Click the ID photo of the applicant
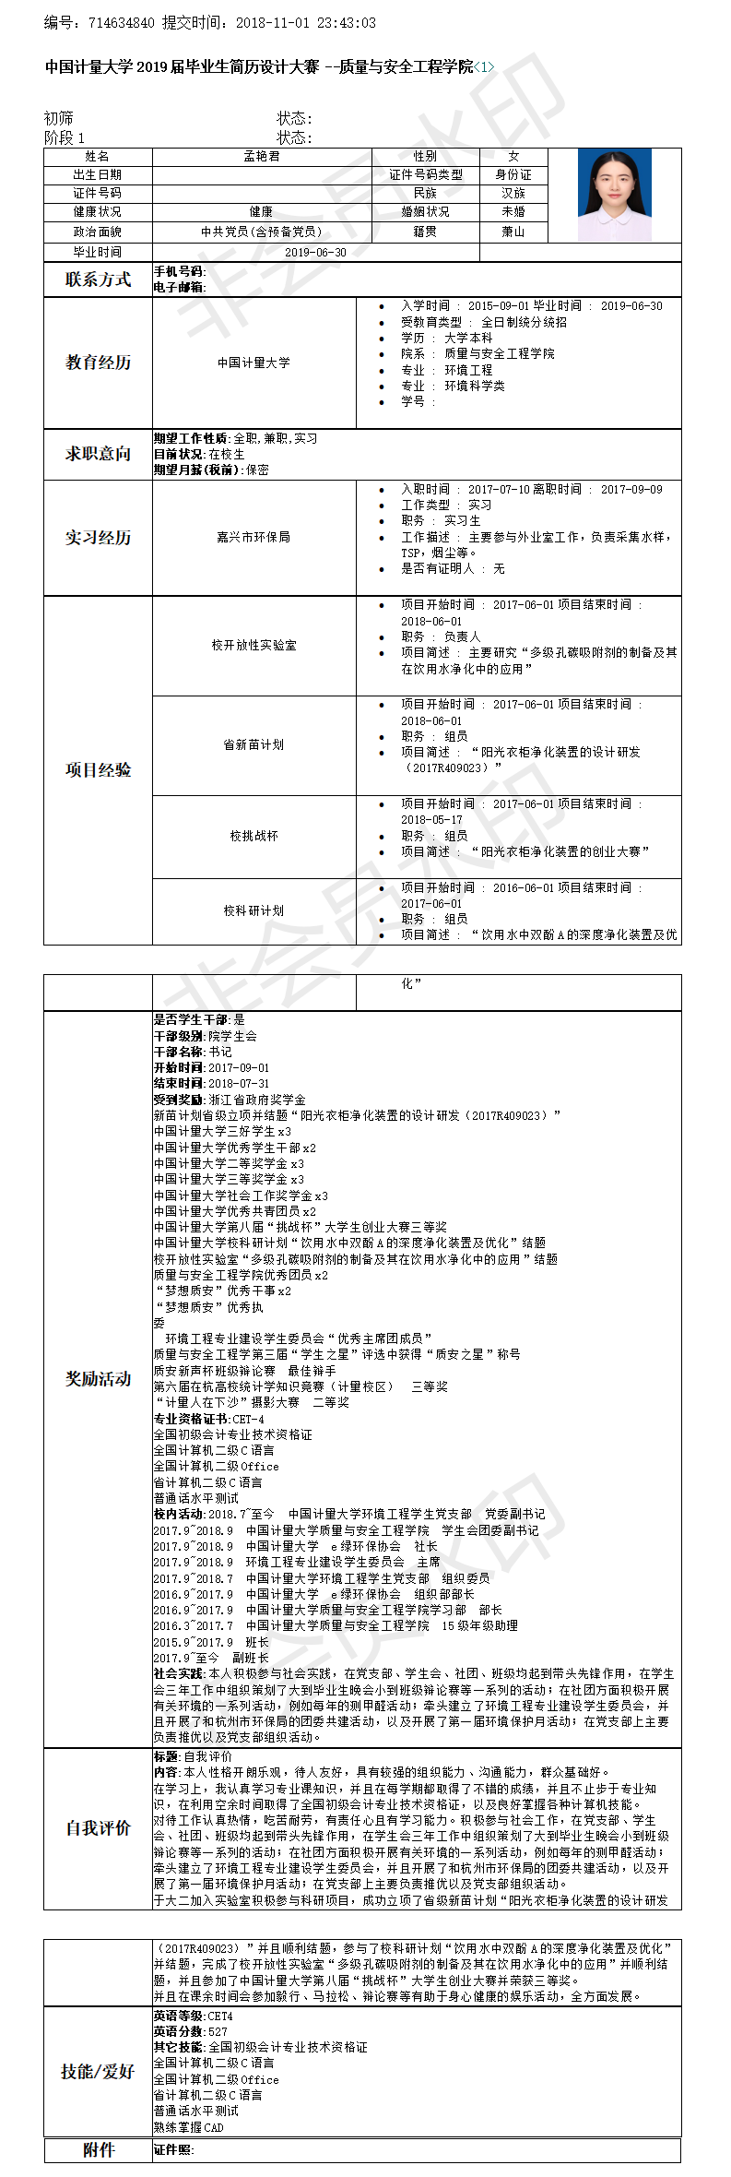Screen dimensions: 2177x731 click(x=614, y=195)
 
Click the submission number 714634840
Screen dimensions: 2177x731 click(x=121, y=23)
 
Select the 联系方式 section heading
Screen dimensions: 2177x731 click(x=98, y=280)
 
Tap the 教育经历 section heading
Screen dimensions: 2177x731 click(x=98, y=363)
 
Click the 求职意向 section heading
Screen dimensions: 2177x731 click(x=98, y=453)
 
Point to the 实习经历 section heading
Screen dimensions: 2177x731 click(x=98, y=537)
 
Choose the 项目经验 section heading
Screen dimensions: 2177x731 click(x=98, y=769)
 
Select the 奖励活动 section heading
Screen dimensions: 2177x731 click(x=98, y=1378)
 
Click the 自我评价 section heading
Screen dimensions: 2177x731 click(x=98, y=1828)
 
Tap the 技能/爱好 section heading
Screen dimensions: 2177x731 click(x=98, y=2071)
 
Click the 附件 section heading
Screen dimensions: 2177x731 click(x=98, y=2150)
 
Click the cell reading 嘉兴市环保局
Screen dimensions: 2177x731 click(x=253, y=537)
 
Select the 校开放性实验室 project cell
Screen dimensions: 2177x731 click(x=253, y=645)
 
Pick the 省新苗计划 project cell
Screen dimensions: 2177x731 click(x=253, y=744)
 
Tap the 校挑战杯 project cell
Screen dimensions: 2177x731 click(x=253, y=836)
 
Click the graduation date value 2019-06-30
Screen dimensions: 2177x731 click(x=315, y=252)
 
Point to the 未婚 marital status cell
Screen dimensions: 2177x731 click(x=513, y=211)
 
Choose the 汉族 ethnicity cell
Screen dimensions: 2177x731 click(x=513, y=193)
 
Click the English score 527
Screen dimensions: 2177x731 click(x=218, y=2031)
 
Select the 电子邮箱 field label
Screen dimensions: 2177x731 click(x=179, y=287)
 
